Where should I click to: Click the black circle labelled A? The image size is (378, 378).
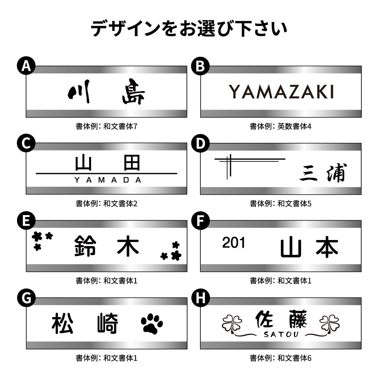click(x=26, y=65)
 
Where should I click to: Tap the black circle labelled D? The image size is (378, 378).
click(x=200, y=143)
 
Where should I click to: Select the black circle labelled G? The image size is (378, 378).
click(x=26, y=298)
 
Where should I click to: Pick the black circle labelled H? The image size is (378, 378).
click(x=200, y=298)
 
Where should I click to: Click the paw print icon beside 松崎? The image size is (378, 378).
click(x=152, y=324)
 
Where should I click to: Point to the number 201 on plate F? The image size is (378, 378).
click(x=233, y=243)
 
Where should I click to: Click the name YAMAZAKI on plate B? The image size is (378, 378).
click(x=281, y=91)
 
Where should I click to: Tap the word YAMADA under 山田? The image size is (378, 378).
click(x=108, y=180)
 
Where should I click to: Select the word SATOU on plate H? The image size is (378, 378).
click(x=281, y=335)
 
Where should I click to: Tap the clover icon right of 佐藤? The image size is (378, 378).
click(x=330, y=323)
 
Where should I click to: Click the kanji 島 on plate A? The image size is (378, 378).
click(x=133, y=91)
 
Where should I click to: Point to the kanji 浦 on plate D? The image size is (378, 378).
click(x=337, y=173)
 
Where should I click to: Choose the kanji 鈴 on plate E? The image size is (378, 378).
click(x=85, y=246)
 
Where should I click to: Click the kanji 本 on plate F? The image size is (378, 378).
click(x=327, y=246)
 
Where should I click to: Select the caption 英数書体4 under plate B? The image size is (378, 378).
click(x=294, y=126)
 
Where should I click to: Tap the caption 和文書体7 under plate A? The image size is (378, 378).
click(x=120, y=126)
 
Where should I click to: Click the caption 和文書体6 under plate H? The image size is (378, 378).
click(x=294, y=358)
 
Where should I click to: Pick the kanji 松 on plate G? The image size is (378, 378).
click(x=62, y=323)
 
